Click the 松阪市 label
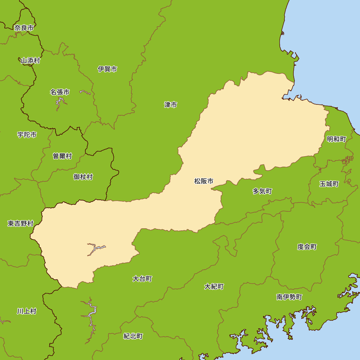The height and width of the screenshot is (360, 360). pyautogui.click(x=204, y=181)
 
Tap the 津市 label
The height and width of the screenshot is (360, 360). pyautogui.click(x=171, y=105)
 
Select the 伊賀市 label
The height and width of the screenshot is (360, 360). pyautogui.click(x=107, y=69)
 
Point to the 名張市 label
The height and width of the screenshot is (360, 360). pyautogui.click(x=60, y=92)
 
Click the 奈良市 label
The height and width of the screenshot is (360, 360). pyautogui.click(x=24, y=28)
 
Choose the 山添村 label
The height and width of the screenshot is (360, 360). pyautogui.click(x=30, y=60)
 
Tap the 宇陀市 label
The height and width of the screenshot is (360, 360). pyautogui.click(x=27, y=135)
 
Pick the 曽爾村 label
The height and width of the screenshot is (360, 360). pyautogui.click(x=62, y=156)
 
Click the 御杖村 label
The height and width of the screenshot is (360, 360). pyautogui.click(x=83, y=177)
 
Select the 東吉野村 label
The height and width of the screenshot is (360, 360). pyautogui.click(x=21, y=224)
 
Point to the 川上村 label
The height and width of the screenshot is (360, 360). pyautogui.click(x=27, y=311)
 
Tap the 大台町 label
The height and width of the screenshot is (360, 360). pyautogui.click(x=142, y=279)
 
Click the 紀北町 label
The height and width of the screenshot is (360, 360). pyautogui.click(x=133, y=336)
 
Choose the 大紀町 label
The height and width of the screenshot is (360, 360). pyautogui.click(x=214, y=287)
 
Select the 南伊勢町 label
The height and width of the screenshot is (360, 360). pyautogui.click(x=289, y=297)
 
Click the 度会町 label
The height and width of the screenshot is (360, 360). pyautogui.click(x=307, y=247)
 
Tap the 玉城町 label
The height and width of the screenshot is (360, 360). pyautogui.click(x=329, y=184)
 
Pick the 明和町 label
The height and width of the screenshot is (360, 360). pyautogui.click(x=336, y=139)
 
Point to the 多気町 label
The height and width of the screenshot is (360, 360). pyautogui.click(x=262, y=191)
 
